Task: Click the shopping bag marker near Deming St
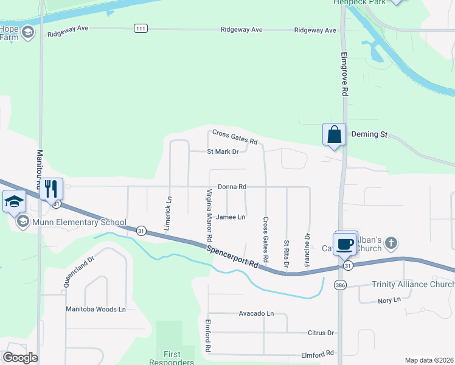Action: (x=334, y=134)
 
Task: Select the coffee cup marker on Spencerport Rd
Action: (x=345, y=243)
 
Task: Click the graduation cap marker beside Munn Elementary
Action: (x=13, y=201)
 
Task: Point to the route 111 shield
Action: (x=141, y=29)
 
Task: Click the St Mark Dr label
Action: (x=223, y=151)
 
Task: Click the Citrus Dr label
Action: (x=322, y=333)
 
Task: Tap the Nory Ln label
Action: (x=389, y=300)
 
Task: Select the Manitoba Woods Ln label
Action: (x=96, y=309)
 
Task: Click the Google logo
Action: (x=20, y=358)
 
